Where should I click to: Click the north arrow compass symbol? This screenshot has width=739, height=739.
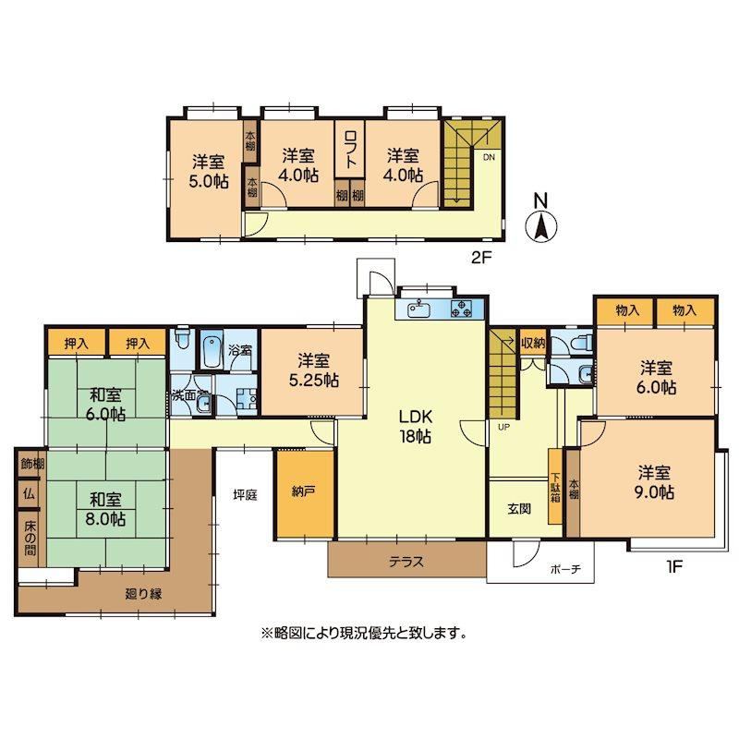pos(541,227)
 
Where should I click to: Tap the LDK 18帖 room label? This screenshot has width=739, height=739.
pos(415,427)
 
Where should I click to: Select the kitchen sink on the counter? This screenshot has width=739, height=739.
pos(418,310)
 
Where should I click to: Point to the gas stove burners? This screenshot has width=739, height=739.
pos(461,309)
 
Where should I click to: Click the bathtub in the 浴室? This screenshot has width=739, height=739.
pos(212,349)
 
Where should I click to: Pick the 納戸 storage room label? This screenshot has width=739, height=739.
pos(304,491)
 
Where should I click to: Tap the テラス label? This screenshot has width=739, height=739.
pos(406,562)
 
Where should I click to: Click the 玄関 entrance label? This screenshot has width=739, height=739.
pos(519,509)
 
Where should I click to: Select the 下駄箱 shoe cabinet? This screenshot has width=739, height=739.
pos(555,487)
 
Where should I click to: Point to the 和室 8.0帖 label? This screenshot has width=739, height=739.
pos(106,509)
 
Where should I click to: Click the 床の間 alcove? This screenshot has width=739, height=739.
pos(30,539)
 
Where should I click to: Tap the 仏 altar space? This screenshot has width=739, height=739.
pos(30,494)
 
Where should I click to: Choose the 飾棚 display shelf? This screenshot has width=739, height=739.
pos(32,465)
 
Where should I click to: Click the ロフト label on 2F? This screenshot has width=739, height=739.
pos(350,149)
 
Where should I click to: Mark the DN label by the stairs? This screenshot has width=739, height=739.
pos(489,157)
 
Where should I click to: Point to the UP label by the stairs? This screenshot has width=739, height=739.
pos(503,428)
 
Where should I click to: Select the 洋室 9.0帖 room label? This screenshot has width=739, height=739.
pos(654,482)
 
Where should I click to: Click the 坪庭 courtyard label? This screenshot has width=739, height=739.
pos(246,495)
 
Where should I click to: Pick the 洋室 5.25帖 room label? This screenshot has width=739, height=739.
pos(313,370)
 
